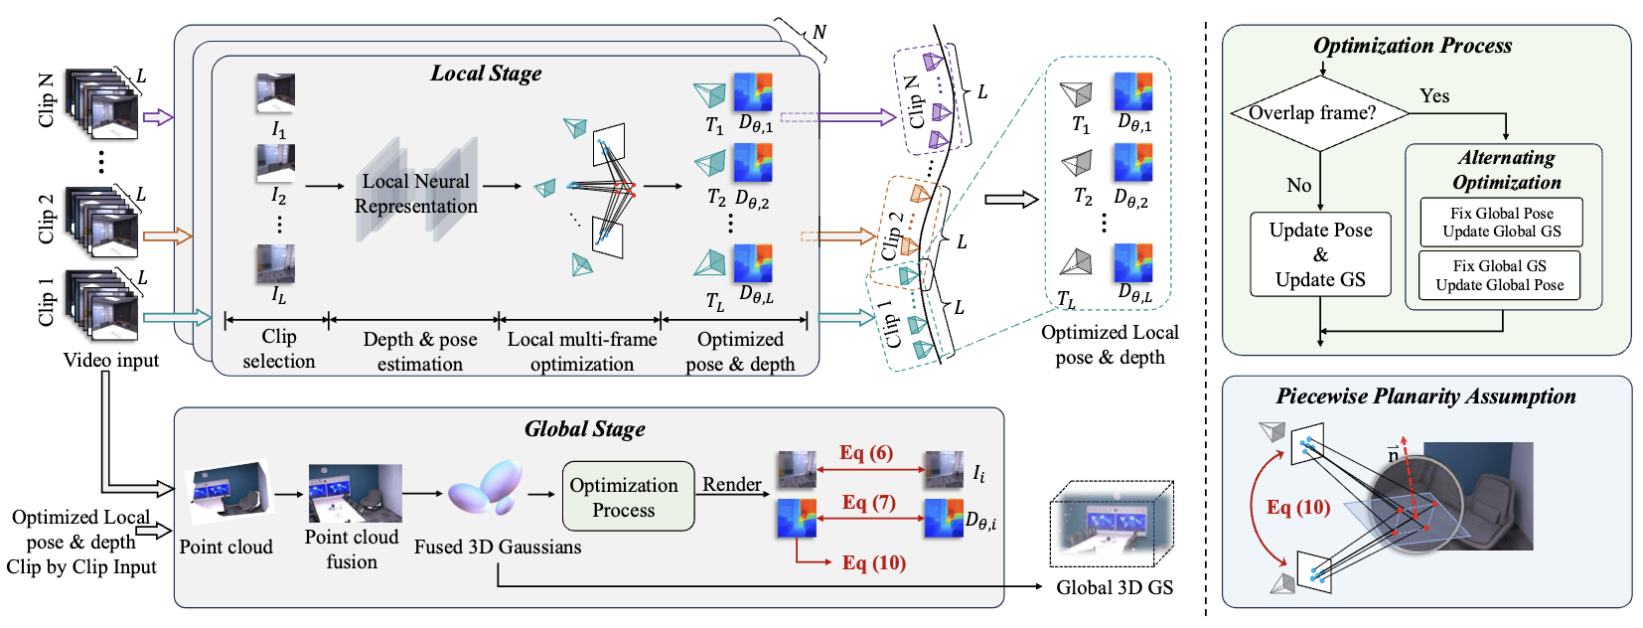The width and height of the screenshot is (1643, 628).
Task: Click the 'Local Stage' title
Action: (x=486, y=74)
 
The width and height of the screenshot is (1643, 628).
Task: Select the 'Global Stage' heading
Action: (x=584, y=429)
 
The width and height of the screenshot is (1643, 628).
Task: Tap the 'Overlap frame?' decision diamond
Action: (x=1318, y=113)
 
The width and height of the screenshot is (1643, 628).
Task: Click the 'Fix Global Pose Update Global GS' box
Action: (x=1501, y=223)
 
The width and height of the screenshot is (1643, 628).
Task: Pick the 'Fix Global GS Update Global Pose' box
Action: (x=1499, y=275)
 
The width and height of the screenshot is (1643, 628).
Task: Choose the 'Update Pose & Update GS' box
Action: (x=1320, y=254)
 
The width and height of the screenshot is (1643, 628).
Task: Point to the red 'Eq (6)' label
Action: (x=865, y=453)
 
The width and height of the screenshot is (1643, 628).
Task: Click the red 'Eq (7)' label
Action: (x=868, y=503)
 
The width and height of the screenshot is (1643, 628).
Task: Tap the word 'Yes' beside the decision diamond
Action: (x=1433, y=96)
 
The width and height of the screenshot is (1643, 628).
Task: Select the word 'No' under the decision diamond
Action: (x=1298, y=186)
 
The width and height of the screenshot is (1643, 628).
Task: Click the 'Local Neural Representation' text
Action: (x=416, y=194)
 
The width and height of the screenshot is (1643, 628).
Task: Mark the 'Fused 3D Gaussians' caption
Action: (x=498, y=547)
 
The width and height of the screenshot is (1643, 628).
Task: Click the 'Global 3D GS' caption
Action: (x=1115, y=587)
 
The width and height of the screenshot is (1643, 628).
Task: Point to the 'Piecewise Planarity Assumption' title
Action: (x=1425, y=396)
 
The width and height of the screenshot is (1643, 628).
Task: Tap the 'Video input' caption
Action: (x=110, y=360)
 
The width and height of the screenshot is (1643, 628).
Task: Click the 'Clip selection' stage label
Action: (x=279, y=350)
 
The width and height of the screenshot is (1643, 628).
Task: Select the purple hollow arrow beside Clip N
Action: (x=158, y=117)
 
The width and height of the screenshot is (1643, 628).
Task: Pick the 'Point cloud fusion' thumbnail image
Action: (x=355, y=493)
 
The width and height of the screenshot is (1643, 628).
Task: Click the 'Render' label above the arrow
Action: (x=732, y=484)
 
